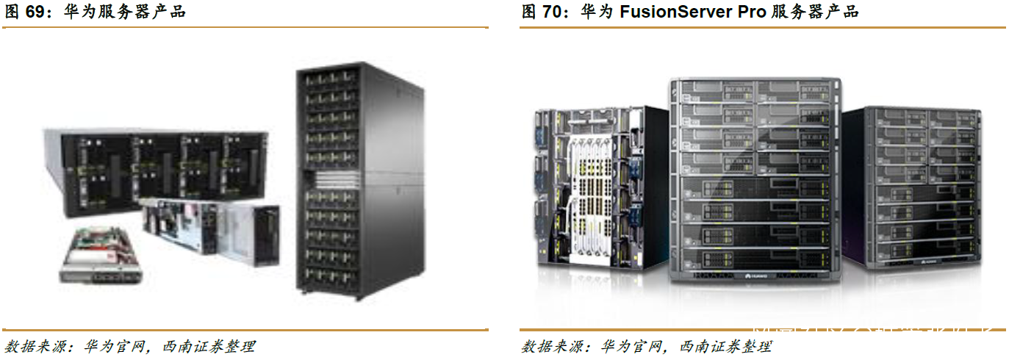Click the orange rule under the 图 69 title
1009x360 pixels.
246,28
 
